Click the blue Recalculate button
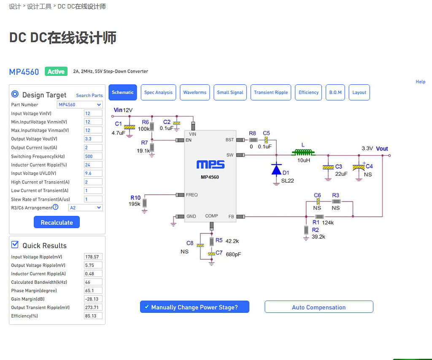[57, 222]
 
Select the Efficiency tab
[308, 92]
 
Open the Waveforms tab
[194, 92]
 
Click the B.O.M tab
[335, 92]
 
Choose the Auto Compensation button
[319, 307]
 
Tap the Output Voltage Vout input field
[93, 139]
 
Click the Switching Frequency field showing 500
[93, 156]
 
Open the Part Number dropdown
[80, 105]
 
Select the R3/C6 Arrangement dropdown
[85, 207]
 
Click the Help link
[420, 82]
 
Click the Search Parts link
[89, 95]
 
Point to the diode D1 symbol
[276, 169]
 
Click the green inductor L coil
[302, 153]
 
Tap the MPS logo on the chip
[210, 164]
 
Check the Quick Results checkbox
[15, 245]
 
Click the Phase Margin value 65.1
[93, 290]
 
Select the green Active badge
[56, 72]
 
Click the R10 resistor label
[135, 197]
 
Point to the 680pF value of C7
[233, 254]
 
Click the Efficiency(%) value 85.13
[93, 316]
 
